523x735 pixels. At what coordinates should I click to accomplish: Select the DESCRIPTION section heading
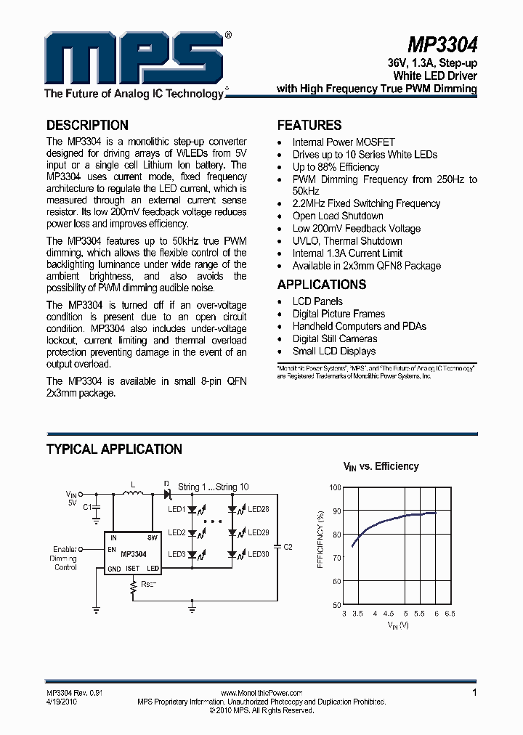(87, 125)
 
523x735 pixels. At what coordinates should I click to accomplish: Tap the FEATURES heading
(309, 125)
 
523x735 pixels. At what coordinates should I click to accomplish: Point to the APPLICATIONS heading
(322, 285)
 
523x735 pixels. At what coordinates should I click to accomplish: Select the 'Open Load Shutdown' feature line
(338, 216)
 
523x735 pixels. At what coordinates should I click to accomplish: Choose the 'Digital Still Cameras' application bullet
(335, 338)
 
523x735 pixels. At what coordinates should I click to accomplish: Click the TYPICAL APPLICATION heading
(114, 450)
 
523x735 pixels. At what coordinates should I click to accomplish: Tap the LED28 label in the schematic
(259, 510)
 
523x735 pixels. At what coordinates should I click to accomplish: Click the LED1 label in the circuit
(177, 510)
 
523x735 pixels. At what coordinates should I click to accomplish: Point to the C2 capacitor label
(287, 546)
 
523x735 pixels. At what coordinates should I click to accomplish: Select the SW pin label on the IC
(153, 538)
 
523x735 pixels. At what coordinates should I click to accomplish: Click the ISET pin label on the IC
(132, 569)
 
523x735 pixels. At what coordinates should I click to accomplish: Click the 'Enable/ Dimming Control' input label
(66, 558)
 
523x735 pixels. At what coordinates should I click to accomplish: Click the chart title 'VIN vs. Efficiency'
(381, 467)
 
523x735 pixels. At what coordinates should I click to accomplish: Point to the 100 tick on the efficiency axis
(334, 488)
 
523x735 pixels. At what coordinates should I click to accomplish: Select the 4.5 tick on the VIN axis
(389, 614)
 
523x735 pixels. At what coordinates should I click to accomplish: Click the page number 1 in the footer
(475, 693)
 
